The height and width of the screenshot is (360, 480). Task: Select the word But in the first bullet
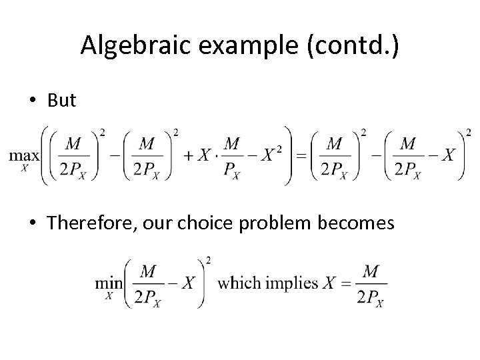coord(62,100)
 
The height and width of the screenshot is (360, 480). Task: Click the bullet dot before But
coord(32,101)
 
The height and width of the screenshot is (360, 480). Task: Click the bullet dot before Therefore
coord(32,223)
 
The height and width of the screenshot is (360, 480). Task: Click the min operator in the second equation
coord(108,283)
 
